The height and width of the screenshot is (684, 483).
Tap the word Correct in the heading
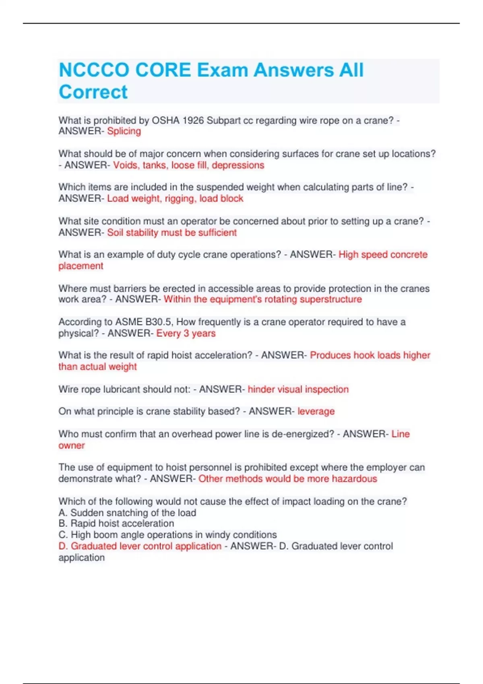click(93, 92)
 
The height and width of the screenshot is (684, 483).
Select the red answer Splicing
click(124, 131)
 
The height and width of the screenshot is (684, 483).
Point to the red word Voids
click(125, 165)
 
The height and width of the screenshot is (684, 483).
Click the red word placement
click(81, 266)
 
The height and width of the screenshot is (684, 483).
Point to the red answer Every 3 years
click(186, 333)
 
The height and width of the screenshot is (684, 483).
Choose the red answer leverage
click(316, 411)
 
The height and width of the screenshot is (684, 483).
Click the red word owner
click(72, 445)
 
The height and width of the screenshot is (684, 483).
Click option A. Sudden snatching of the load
click(127, 513)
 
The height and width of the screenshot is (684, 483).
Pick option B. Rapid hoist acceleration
click(116, 523)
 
